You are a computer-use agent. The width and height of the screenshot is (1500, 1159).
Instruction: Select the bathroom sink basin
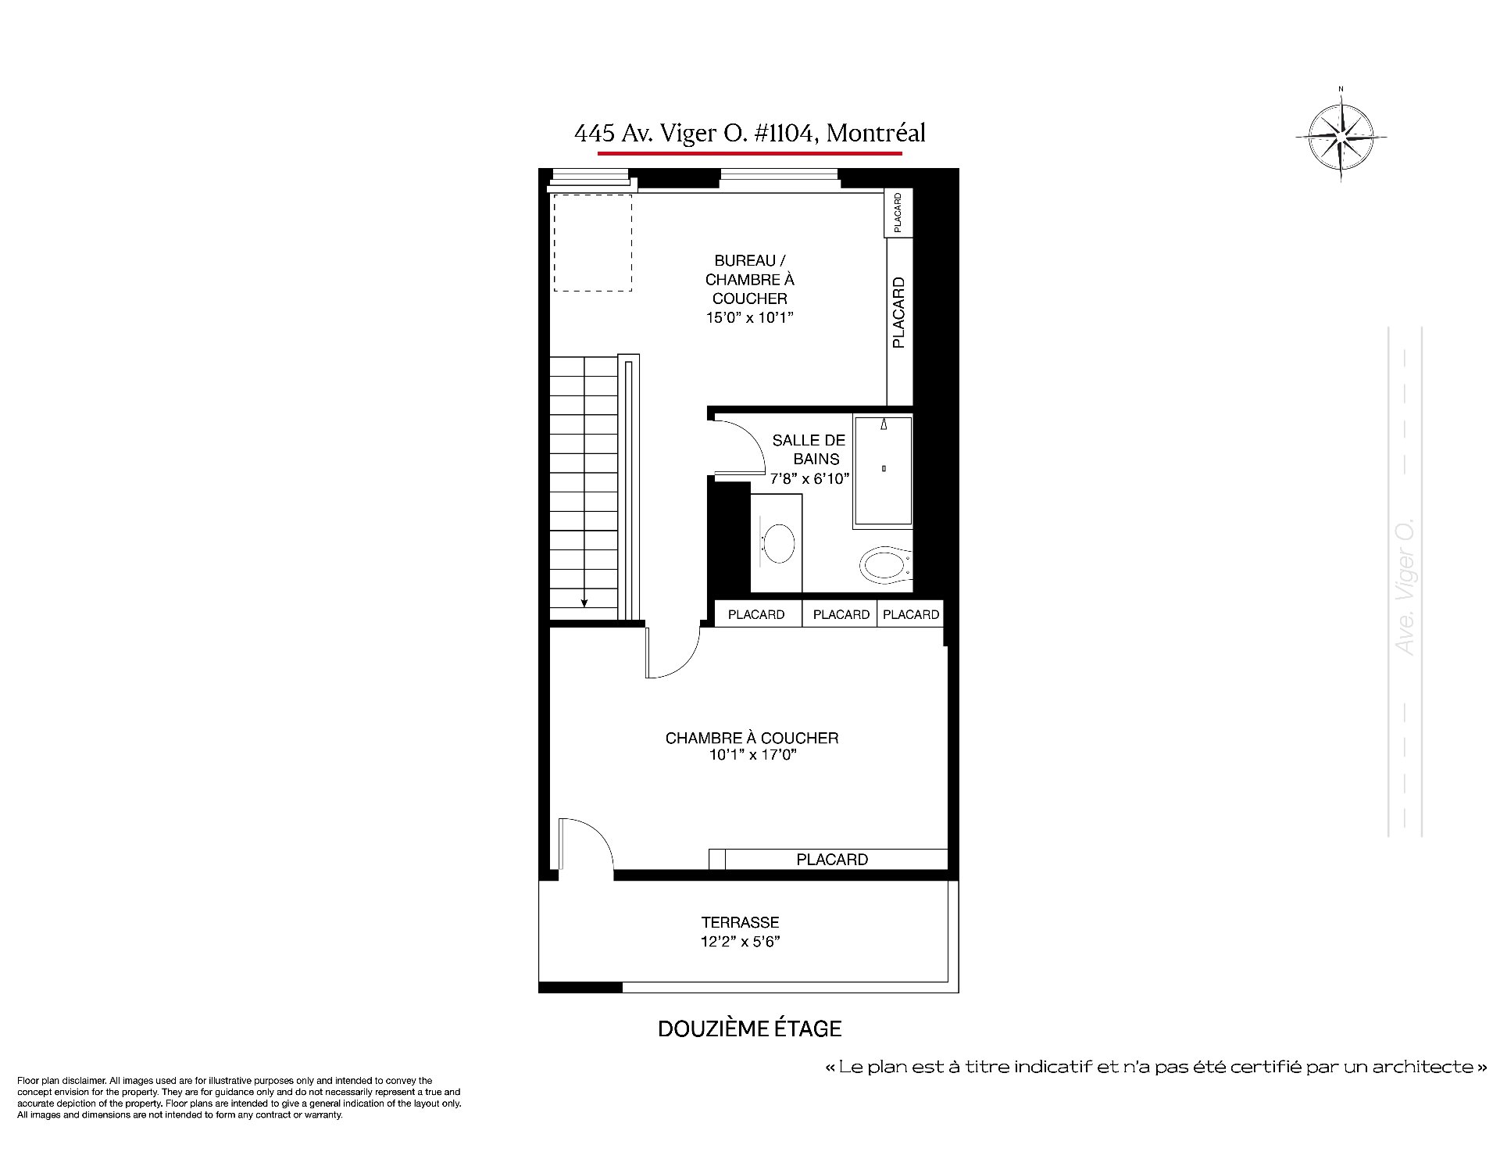tap(778, 543)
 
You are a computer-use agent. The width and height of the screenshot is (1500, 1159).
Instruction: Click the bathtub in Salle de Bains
tap(883, 471)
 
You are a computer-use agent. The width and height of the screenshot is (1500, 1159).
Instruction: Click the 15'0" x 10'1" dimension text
tap(749, 317)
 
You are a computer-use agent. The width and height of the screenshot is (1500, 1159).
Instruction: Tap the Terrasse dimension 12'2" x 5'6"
tap(740, 942)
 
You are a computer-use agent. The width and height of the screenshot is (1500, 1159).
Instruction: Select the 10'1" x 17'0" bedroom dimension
tap(752, 755)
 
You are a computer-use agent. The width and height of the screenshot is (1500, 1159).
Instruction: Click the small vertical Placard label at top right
tap(898, 213)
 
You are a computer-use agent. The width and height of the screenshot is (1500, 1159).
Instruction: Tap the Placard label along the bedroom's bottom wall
tap(832, 860)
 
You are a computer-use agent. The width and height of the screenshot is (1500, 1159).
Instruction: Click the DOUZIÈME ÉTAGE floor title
tap(750, 1028)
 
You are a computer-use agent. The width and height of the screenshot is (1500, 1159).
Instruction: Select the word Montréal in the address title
tap(876, 134)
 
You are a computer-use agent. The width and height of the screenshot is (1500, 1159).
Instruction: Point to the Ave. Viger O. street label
tap(1405, 586)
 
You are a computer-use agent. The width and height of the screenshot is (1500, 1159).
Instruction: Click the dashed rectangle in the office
tap(593, 243)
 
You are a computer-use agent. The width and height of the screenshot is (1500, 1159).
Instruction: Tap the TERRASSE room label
tap(740, 922)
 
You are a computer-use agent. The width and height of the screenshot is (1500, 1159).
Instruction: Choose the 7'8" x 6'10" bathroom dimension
tap(809, 479)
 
